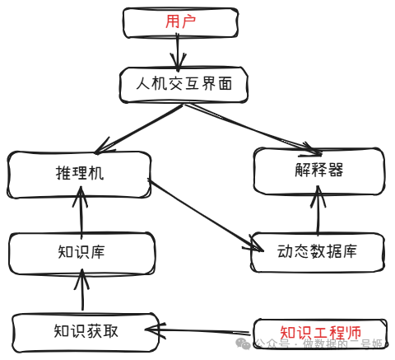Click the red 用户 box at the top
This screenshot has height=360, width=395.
(x=180, y=22)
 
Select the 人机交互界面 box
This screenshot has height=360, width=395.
(x=181, y=84)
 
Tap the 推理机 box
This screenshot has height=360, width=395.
(x=80, y=174)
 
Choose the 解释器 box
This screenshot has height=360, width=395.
(x=318, y=171)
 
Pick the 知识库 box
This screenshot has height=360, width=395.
(x=81, y=252)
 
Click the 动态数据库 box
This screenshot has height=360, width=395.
(x=317, y=251)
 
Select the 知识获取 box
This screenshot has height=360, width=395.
(x=84, y=331)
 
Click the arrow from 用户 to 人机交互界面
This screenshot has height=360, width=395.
(x=177, y=53)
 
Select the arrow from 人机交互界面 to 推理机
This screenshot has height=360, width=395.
(x=140, y=128)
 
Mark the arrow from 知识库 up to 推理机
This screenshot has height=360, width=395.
(x=81, y=212)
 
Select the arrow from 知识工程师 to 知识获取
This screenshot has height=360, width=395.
(x=202, y=332)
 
